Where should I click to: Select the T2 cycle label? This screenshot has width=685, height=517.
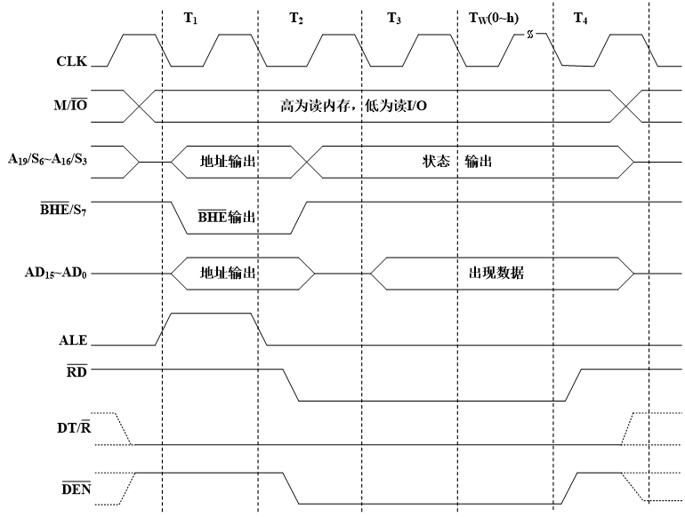[x=296, y=18]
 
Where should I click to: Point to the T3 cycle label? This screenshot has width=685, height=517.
[x=395, y=18]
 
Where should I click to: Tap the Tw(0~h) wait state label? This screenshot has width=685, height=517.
[x=493, y=18]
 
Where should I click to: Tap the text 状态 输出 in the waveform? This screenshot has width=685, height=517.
[x=457, y=163]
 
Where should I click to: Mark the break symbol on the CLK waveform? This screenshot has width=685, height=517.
[x=531, y=35]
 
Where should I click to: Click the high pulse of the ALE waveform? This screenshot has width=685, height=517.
[x=211, y=314]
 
